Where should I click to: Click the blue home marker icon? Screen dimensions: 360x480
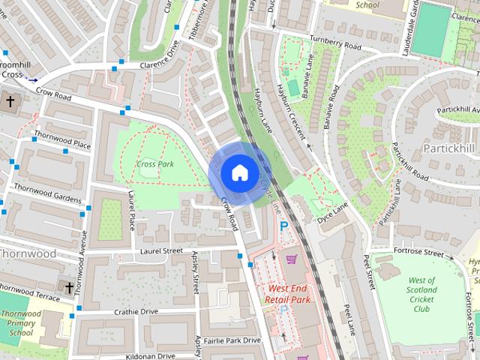click(239, 172)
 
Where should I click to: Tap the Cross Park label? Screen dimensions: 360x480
click(156, 163)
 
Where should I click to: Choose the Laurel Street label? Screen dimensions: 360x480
click(161, 250)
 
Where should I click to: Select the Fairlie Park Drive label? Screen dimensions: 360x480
click(232, 340)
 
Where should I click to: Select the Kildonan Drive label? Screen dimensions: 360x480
click(151, 355)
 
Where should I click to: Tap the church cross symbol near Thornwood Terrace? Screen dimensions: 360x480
click(69, 287)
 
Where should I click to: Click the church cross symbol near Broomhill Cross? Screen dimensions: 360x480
click(11, 100)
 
